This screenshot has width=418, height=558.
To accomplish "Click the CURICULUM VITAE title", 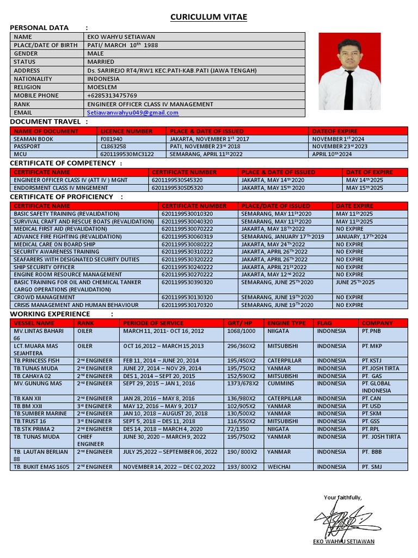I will tap(209, 17).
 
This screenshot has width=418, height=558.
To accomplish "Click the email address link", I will tap(133, 112).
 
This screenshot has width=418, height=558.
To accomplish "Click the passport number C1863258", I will tap(113, 147).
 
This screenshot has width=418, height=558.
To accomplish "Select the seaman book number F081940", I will tap(112, 139).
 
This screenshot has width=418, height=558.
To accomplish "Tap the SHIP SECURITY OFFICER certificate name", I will tap(44, 267).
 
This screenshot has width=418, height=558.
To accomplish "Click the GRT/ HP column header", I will tap(240, 323).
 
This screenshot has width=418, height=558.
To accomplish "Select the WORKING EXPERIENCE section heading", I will tap(50, 314).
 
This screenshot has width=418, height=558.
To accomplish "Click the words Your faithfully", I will tap(342, 497).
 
